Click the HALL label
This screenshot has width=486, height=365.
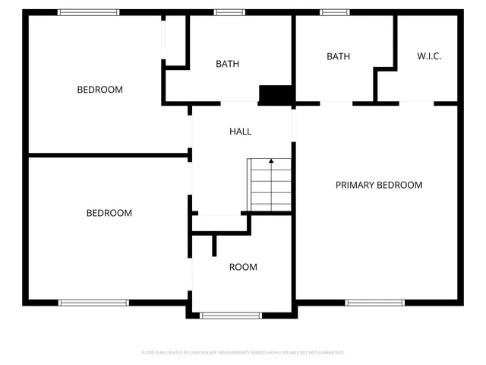240,132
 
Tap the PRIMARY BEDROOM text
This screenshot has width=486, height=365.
379,185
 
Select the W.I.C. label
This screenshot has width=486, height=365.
429,56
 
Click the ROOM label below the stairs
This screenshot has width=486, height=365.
243,267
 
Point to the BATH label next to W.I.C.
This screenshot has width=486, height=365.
338,56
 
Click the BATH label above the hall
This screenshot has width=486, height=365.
227,64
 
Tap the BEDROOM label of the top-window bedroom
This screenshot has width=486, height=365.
99,90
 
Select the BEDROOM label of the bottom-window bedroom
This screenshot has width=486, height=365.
109,213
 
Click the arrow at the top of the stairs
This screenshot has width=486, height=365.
271,161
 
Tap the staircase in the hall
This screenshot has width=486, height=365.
270,186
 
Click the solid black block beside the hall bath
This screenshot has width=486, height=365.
276,94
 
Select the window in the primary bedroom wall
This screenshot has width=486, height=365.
374,303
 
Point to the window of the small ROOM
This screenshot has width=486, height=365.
230,315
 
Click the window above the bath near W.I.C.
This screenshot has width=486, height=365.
333,12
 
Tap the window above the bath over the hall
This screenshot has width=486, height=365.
228,12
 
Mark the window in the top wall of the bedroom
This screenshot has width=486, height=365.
89,12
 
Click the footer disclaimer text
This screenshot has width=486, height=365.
243,353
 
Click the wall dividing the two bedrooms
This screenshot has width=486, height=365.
109,156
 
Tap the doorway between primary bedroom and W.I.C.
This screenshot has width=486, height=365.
417,103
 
